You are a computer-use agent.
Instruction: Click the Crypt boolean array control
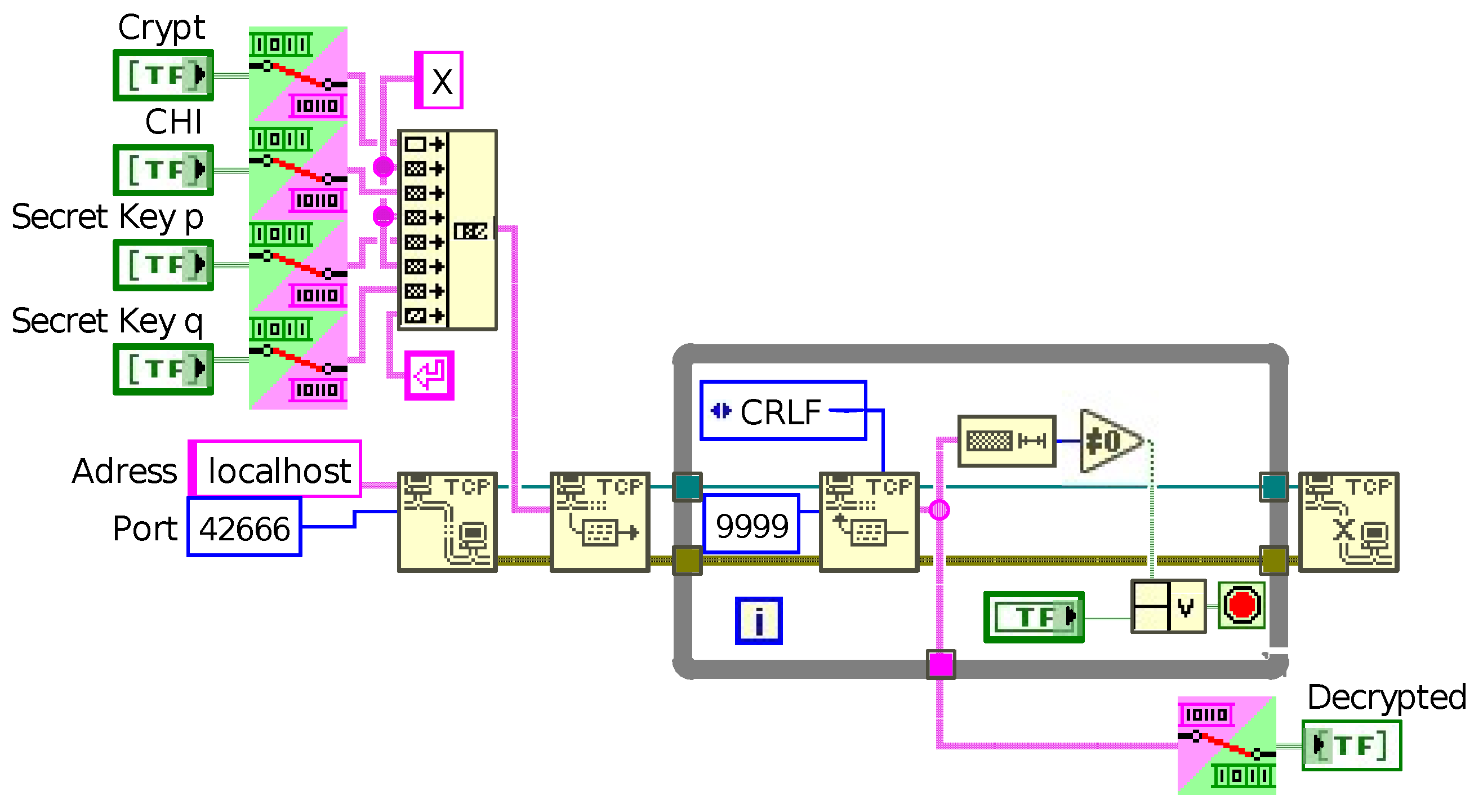163,75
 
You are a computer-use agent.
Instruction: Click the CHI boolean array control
163,170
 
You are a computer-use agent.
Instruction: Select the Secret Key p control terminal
163,265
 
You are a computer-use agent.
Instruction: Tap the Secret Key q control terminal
163,369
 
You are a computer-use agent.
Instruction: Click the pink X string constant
439,80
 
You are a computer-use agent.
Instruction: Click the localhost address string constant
275,469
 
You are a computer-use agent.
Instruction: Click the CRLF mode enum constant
783,411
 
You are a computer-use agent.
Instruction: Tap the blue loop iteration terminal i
759,621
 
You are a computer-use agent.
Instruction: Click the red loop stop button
1241,605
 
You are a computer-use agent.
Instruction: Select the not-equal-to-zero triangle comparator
1108,442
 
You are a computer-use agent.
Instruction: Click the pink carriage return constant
429,375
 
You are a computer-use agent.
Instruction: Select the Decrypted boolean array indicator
1351,746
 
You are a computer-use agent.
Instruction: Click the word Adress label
124,471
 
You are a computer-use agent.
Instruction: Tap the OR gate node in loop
1169,607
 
